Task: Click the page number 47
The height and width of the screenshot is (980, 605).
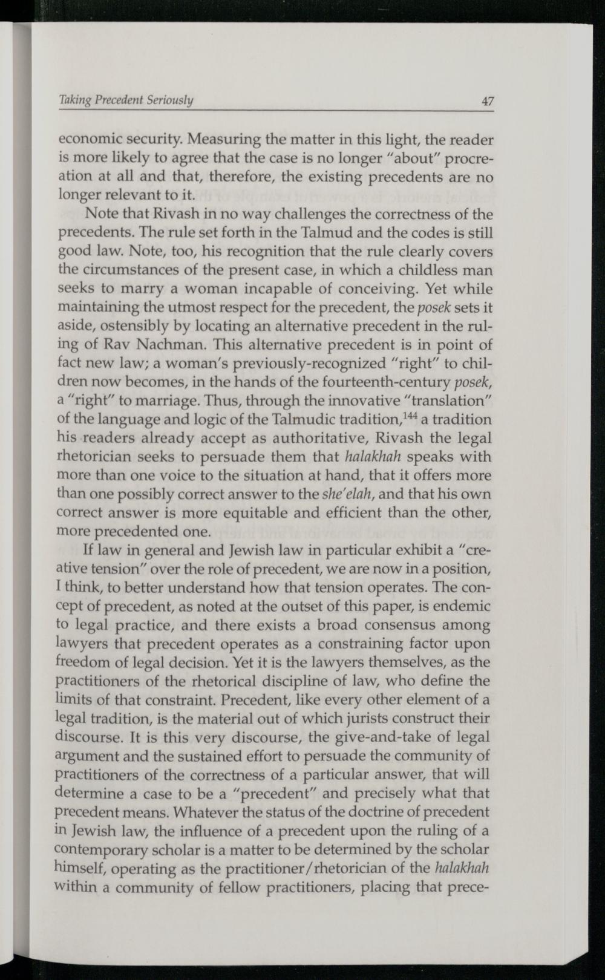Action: tap(488, 101)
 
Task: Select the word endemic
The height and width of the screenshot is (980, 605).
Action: tap(465, 606)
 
